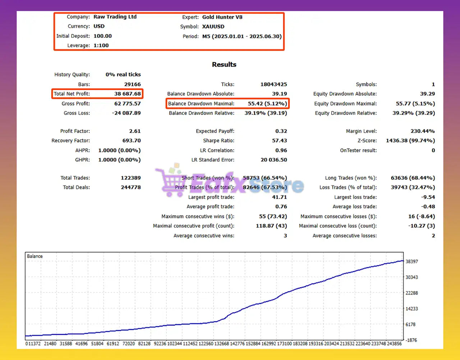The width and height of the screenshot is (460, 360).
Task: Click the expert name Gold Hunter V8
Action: point(222,17)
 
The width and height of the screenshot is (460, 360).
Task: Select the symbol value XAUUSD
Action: point(213,27)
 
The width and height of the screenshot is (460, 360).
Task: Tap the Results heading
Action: point(224,65)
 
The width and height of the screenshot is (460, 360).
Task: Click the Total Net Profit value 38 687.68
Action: point(128,94)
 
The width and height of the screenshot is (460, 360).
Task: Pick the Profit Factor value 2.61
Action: point(135,131)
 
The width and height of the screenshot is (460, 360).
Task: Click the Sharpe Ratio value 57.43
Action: point(279,141)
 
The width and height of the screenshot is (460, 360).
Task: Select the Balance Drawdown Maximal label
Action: point(201,104)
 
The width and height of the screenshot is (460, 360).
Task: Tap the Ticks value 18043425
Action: point(273,85)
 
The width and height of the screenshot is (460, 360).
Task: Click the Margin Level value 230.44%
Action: point(422,131)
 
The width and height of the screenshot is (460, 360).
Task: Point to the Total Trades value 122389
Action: point(131,178)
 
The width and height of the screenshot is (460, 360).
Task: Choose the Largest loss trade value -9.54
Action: point(428,197)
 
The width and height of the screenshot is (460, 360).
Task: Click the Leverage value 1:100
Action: point(101,45)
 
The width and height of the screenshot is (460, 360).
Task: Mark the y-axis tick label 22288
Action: point(411,293)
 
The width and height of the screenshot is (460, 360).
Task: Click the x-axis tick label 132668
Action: point(221,344)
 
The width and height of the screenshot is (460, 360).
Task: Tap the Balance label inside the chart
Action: point(34,256)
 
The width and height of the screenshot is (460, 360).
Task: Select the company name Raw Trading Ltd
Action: point(115,17)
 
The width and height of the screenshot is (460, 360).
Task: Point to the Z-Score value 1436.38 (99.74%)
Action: point(410,141)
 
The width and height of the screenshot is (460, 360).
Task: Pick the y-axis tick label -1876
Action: point(411,340)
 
